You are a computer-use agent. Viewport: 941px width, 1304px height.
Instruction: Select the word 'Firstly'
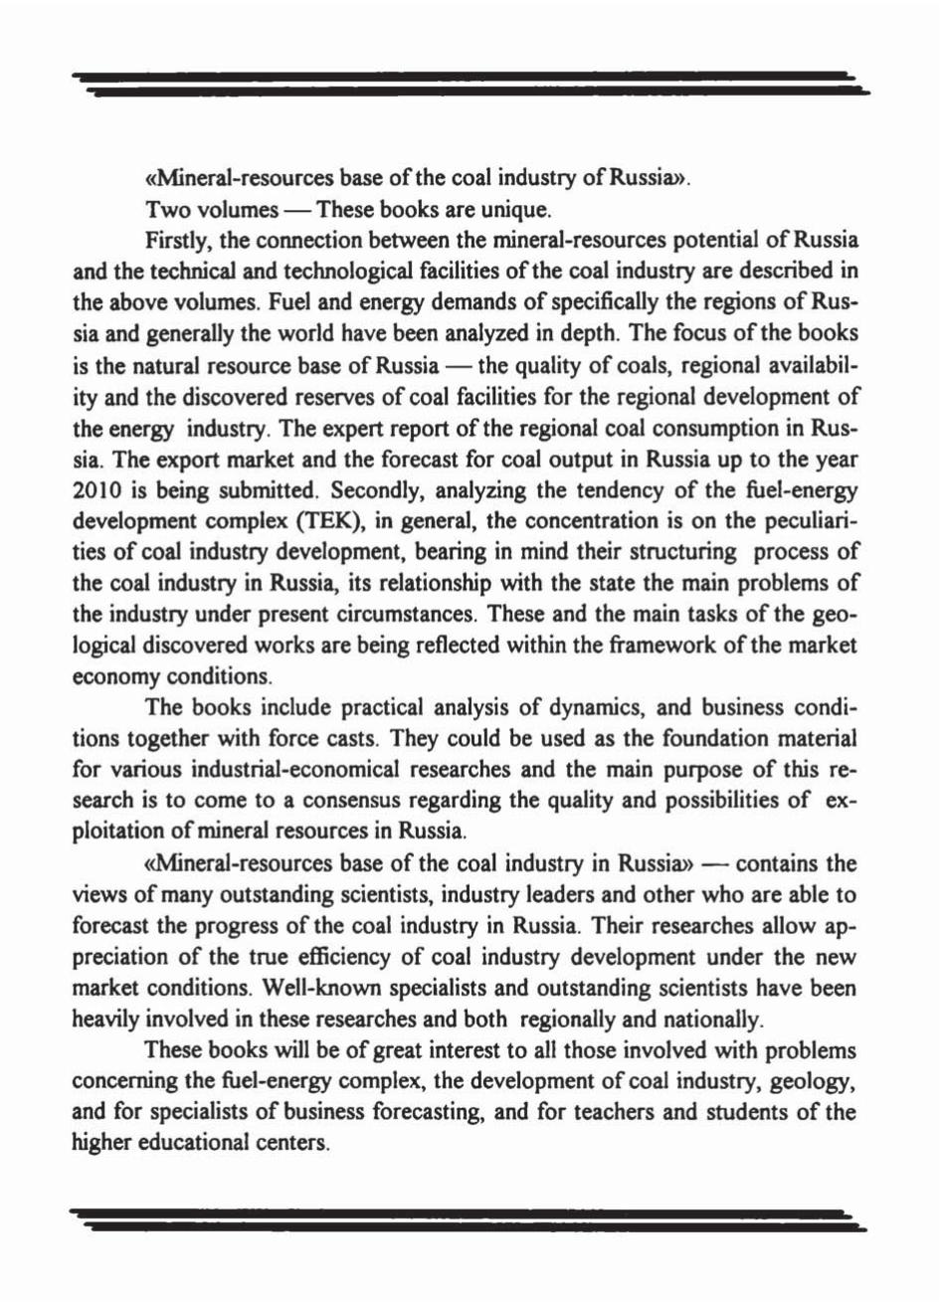[x=175, y=242]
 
